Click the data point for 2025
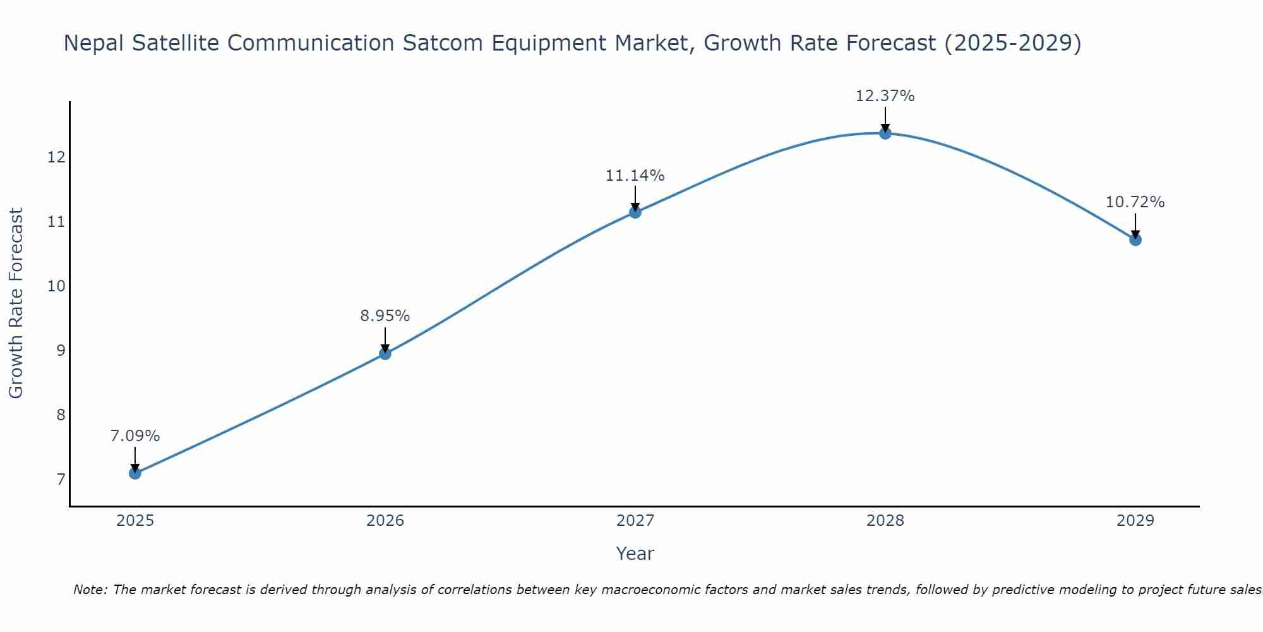(135, 473)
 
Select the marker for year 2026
(385, 353)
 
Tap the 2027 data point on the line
(635, 212)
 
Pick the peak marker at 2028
(885, 133)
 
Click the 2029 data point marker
(1135, 240)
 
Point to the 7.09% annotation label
(135, 436)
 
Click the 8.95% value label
(385, 316)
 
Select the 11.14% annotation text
(635, 176)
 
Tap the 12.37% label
(885, 96)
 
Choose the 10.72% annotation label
(1135, 202)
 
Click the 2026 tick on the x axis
(385, 521)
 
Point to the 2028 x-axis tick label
(885, 521)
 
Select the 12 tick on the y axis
(56, 157)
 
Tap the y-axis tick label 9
(61, 350)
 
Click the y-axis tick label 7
(61, 480)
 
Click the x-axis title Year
(635, 554)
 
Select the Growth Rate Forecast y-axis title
(16, 303)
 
